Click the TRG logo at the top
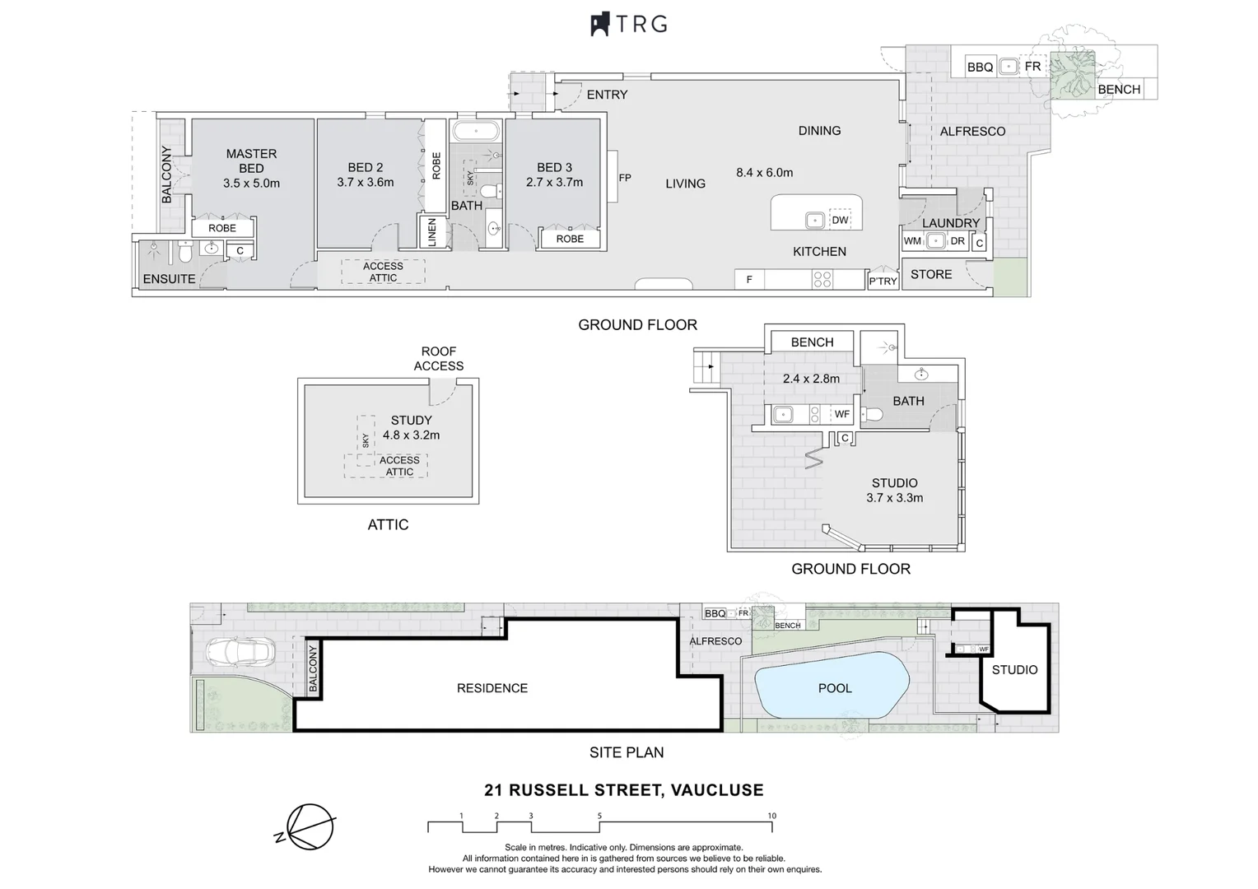629,24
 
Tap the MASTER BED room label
251,161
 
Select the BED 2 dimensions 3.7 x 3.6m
365,183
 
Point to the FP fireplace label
625,178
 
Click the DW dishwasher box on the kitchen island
840,220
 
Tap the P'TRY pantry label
883,282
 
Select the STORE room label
931,275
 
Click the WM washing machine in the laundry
912,241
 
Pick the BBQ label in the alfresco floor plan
980,67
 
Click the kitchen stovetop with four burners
822,280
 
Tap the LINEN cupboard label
431,232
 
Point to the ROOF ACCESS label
439,359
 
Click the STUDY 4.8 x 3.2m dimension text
411,435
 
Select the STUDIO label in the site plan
1014,670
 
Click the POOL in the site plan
834,688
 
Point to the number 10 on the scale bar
771,816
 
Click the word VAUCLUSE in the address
717,790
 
